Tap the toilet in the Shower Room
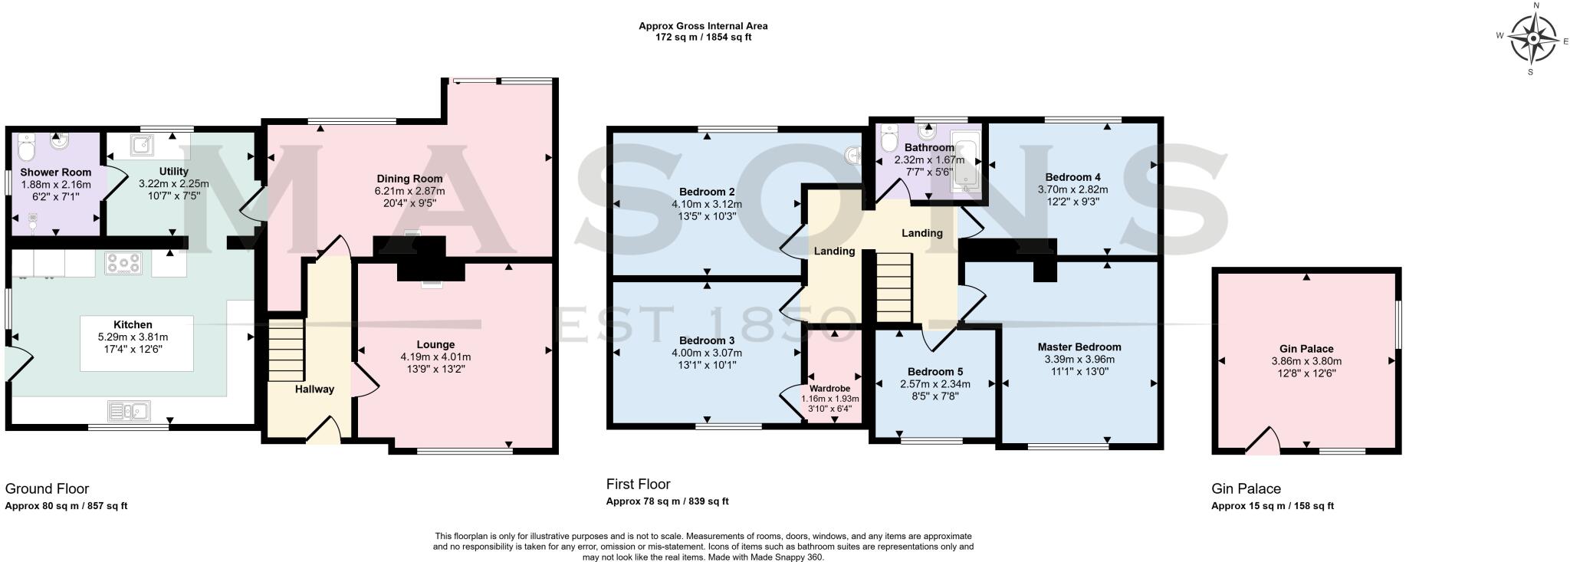pyautogui.click(x=27, y=144)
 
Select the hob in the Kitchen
pyautogui.click(x=123, y=264)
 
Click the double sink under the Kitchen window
pyautogui.click(x=128, y=412)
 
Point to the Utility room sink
pyautogui.click(x=142, y=143)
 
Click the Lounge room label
pyautogui.click(x=435, y=344)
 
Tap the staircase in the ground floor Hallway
pyautogui.click(x=286, y=350)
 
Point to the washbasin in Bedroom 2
pyautogui.click(x=853, y=156)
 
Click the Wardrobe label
pyautogui.click(x=829, y=389)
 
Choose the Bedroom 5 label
pyautogui.click(x=934, y=372)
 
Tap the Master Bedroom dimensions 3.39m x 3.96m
pyautogui.click(x=1079, y=359)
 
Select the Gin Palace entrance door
pyautogui.click(x=1263, y=442)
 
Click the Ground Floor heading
pyautogui.click(x=47, y=488)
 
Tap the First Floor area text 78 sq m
pyautogui.click(x=666, y=501)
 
